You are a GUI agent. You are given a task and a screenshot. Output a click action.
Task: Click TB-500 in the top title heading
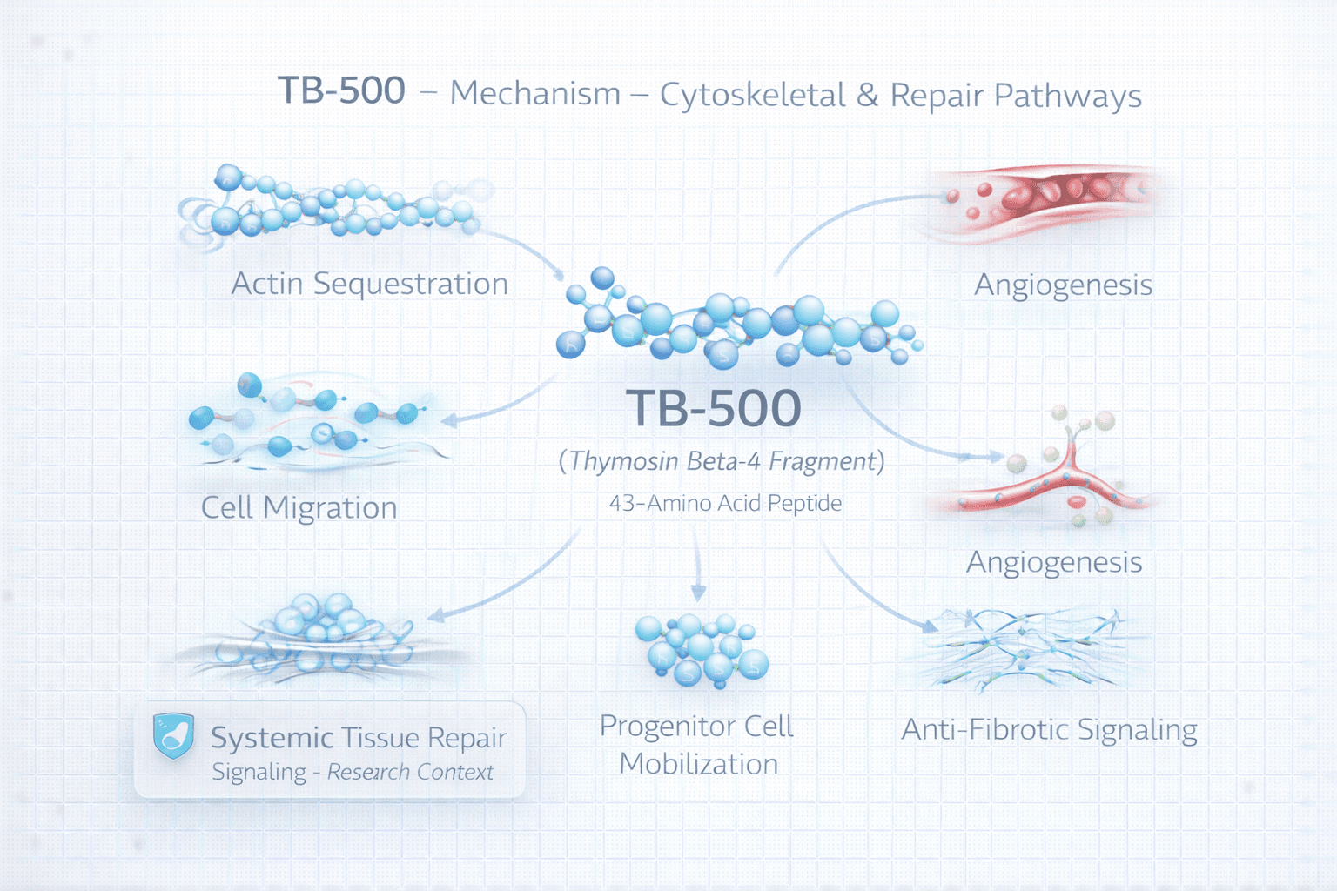pos(341,91)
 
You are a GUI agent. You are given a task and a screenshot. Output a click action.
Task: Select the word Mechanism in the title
pos(534,94)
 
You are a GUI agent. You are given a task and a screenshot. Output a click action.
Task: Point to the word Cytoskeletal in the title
pos(752,96)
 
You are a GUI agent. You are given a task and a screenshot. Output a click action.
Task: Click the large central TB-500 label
pos(713,408)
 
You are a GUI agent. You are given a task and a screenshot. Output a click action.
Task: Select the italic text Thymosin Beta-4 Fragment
pos(722,461)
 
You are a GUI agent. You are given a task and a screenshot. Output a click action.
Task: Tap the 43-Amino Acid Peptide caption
pos(725,504)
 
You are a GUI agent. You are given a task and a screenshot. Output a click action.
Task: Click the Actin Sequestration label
pos(369,285)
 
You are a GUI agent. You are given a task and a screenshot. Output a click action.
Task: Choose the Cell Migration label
pos(299,508)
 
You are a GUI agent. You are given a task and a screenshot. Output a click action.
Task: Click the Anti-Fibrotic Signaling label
pos(1049,729)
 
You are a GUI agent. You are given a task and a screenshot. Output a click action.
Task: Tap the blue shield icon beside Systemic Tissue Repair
pos(173,736)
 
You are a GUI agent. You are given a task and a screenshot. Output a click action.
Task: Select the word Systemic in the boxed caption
pos(272,738)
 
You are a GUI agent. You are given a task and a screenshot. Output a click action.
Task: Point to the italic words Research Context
pos(410,773)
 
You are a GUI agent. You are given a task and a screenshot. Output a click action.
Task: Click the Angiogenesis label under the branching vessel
pos(1053,563)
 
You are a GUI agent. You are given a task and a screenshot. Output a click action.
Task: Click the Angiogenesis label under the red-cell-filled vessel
pos(1063,285)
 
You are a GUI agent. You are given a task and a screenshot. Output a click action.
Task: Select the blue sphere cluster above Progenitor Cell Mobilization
pos(701,651)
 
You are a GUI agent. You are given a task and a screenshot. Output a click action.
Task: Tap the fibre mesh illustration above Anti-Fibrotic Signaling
pos(1027,651)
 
